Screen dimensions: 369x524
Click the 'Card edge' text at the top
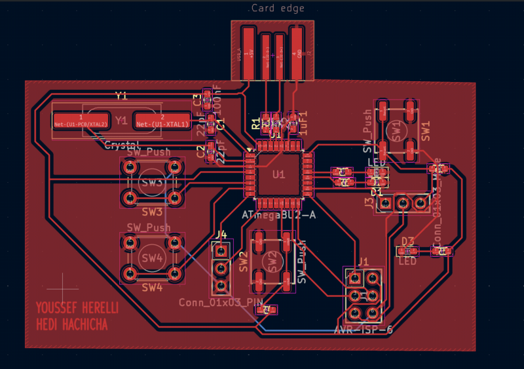[278, 9]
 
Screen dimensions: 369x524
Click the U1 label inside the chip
[279, 174]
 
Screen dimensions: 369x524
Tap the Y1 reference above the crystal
[121, 96]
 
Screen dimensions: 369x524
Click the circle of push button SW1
[395, 131]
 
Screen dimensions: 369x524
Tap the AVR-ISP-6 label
[363, 330]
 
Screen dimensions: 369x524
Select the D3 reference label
[407, 241]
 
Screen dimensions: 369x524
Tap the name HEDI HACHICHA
[72, 325]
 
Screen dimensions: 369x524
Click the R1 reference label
[255, 123]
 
